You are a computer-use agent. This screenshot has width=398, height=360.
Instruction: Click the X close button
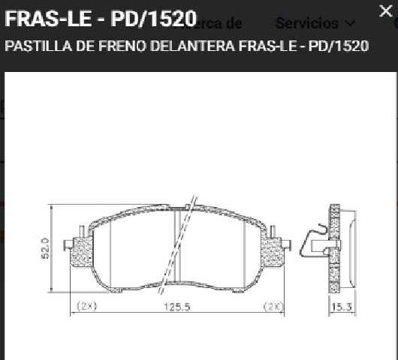(x=384, y=10)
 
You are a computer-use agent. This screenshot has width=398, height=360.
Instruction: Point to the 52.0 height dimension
(x=45, y=248)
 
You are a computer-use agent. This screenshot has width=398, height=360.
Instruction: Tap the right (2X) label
(x=272, y=307)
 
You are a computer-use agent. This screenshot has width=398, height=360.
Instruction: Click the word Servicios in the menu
(x=306, y=22)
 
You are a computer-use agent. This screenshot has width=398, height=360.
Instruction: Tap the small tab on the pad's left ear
(x=70, y=243)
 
